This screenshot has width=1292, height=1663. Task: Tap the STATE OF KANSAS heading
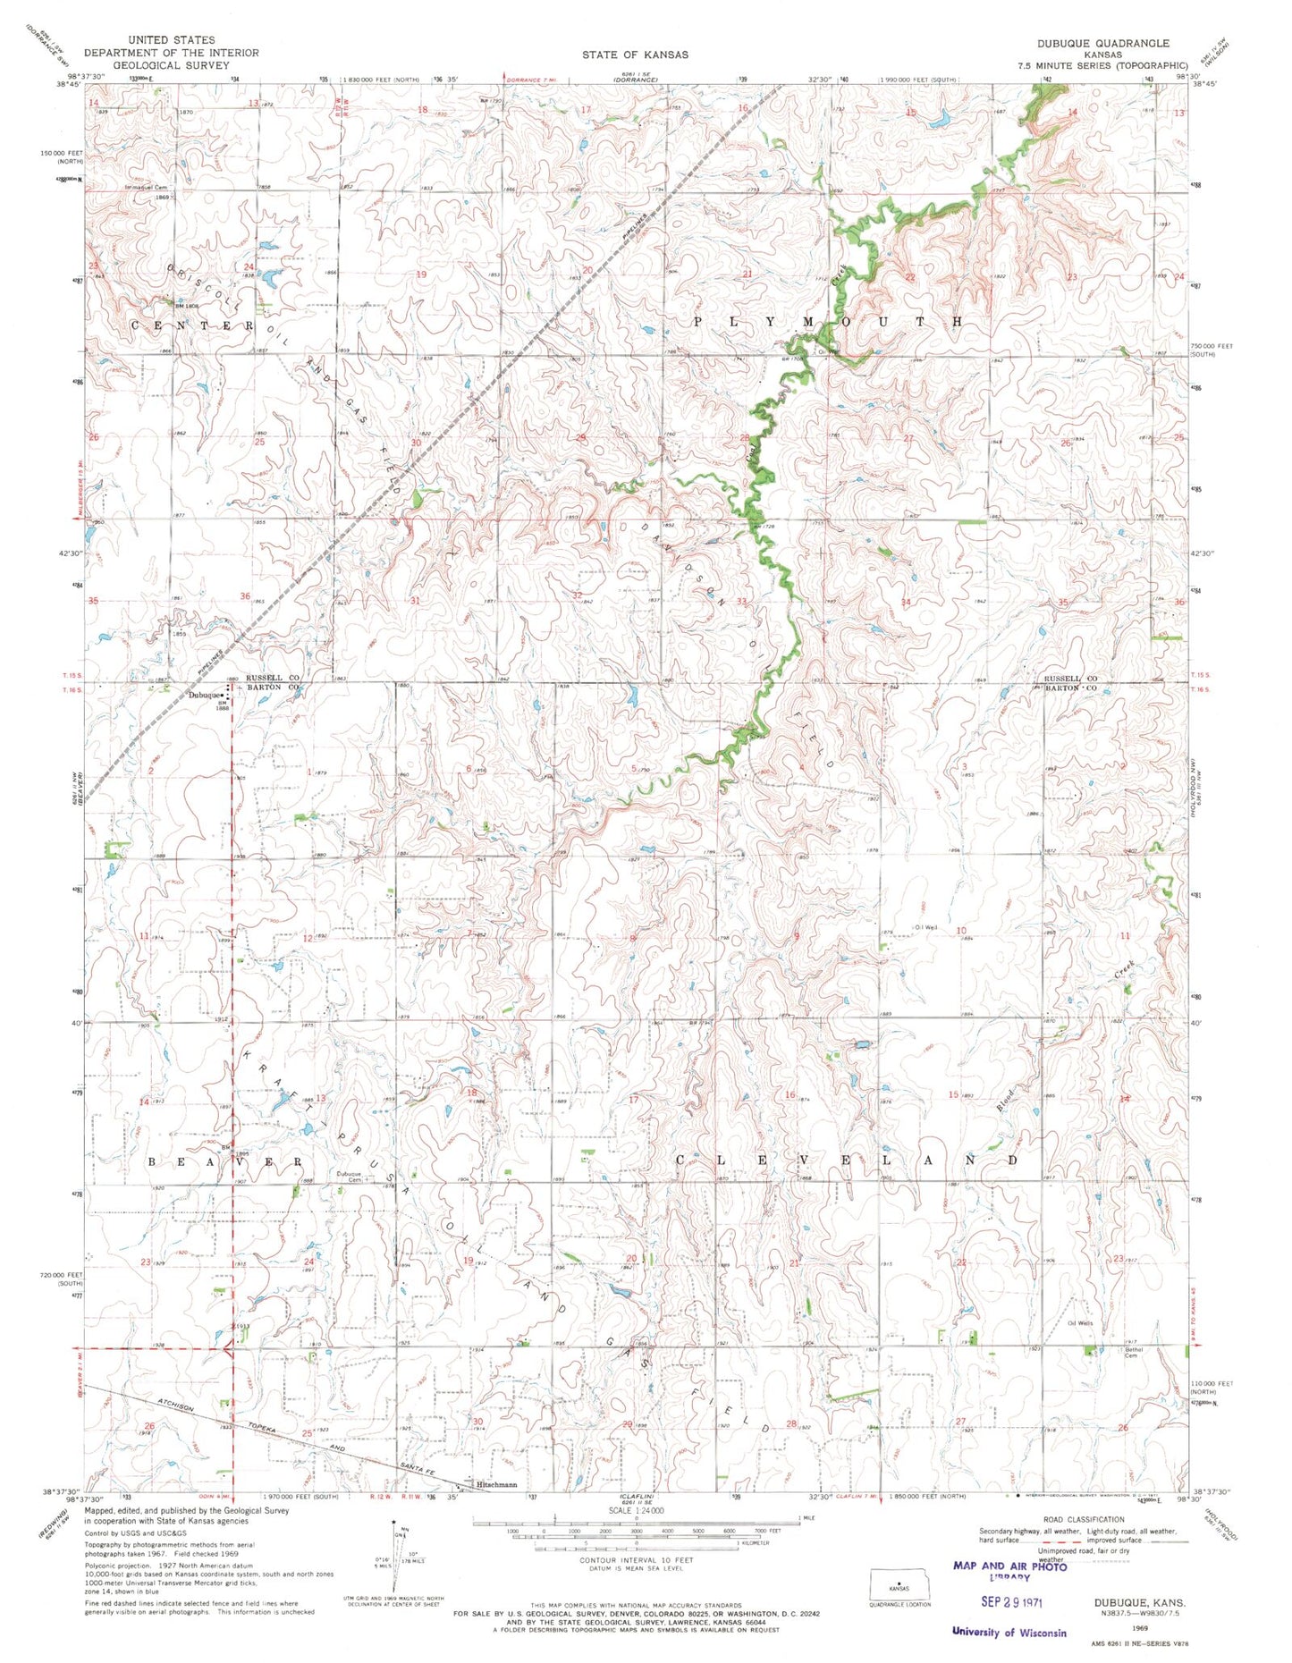635,55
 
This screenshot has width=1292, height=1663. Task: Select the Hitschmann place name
497,1485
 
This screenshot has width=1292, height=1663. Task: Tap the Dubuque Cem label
349,1177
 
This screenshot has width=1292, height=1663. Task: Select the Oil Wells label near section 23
1079,1323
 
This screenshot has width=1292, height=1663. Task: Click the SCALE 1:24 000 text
635,1510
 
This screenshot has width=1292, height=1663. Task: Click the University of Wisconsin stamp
1009,1633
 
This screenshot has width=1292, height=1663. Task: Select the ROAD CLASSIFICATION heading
1083,1520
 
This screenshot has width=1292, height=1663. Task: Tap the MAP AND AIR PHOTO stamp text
1009,1566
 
